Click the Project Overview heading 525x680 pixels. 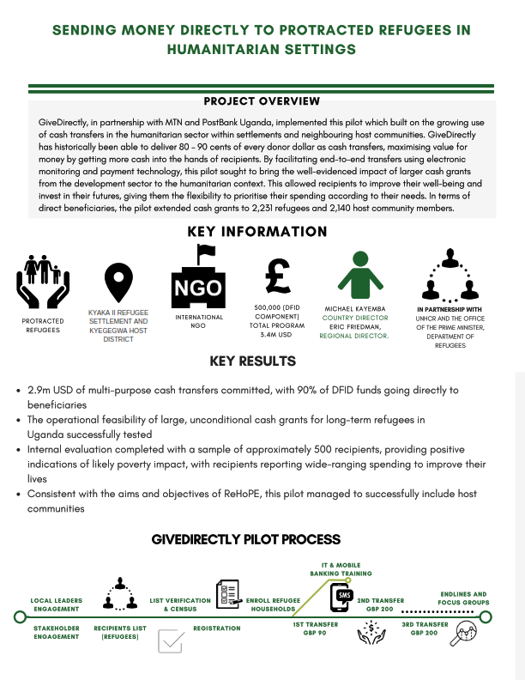[x=262, y=101]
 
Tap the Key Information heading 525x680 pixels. [x=257, y=232]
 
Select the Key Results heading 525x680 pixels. [x=262, y=361]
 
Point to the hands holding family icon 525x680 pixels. [x=42, y=282]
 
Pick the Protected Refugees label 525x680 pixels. [x=42, y=324]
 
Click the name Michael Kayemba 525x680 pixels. [x=355, y=307]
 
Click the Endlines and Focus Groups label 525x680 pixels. [x=462, y=598]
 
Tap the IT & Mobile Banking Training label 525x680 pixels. [x=341, y=568]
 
